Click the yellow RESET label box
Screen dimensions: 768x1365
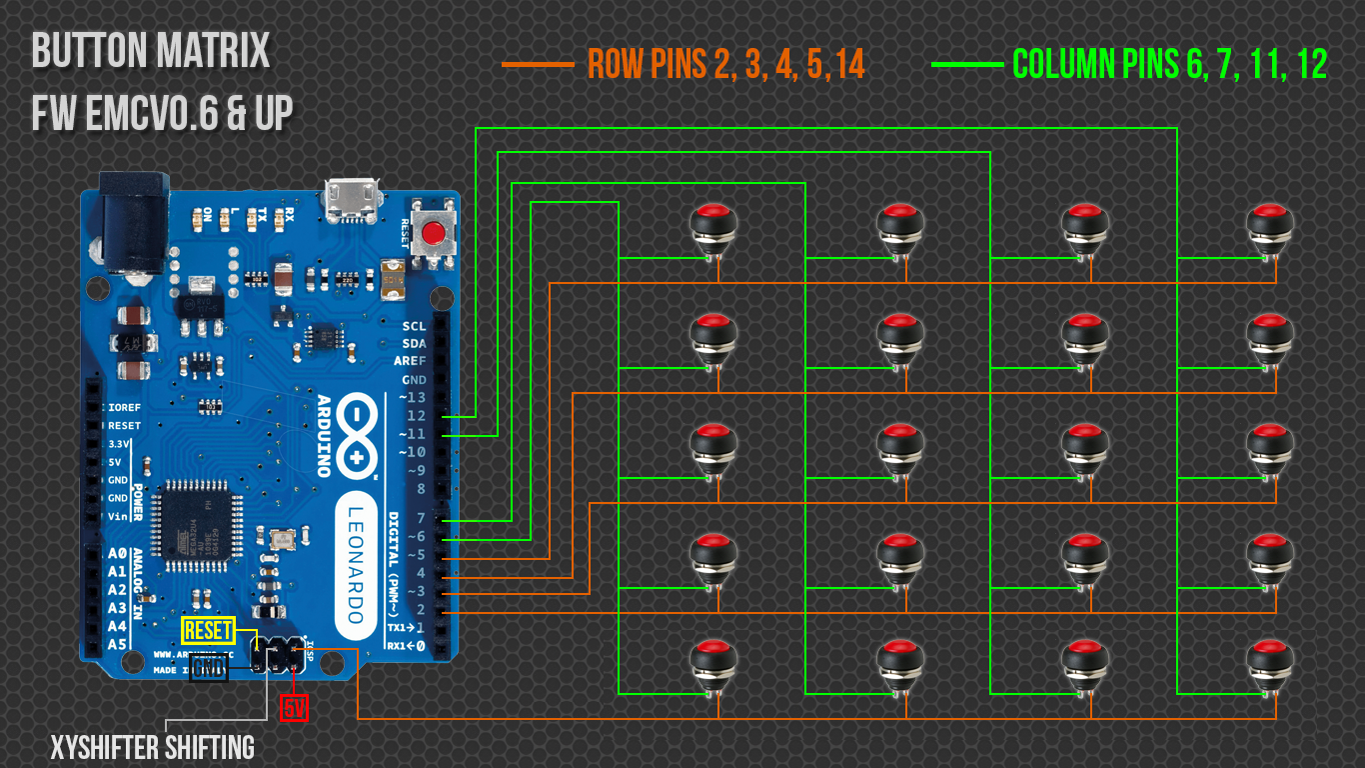coord(209,631)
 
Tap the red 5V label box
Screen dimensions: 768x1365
coord(294,708)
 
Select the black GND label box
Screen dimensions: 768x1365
coord(209,668)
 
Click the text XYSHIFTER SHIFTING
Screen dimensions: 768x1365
coord(153,747)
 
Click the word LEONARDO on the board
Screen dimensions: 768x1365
coord(357,561)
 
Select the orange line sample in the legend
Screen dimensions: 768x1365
coord(538,65)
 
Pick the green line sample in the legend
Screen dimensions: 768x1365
coord(966,65)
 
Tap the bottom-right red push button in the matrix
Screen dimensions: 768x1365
coord(1270,663)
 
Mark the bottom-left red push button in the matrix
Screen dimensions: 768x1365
coord(713,663)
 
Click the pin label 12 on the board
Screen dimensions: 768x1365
coord(416,415)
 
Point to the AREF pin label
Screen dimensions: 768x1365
coord(410,361)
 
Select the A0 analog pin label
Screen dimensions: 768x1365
coord(117,553)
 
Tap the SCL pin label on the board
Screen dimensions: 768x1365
coord(414,326)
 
